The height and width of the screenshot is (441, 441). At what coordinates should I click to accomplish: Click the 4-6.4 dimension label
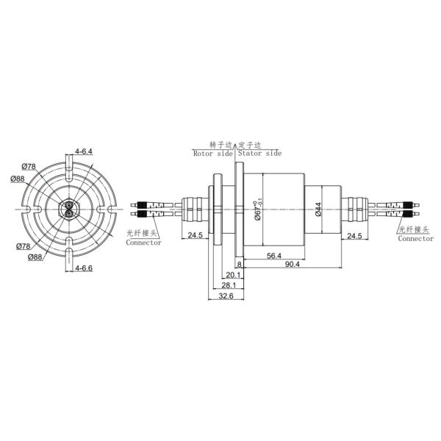pos(84,151)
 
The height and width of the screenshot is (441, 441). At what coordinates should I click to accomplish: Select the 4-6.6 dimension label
pos(84,268)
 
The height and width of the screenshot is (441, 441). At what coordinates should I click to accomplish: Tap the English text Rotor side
pos(212,154)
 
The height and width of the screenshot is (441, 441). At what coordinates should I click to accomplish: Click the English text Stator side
pos(259,154)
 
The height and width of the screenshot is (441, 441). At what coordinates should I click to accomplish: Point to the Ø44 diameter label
pos(318,210)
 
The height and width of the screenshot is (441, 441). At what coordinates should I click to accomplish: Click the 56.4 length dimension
pos(273,256)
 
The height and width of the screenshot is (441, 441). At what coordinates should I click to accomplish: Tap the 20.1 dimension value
pos(234,275)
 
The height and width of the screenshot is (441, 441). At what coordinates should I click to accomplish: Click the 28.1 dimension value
pos(228,285)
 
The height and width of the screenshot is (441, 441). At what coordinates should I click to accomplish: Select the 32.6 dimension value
pos(226,295)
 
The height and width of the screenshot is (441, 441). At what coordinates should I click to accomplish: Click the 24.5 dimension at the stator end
pos(354,236)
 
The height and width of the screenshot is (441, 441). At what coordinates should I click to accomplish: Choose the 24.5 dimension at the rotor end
pos(195,236)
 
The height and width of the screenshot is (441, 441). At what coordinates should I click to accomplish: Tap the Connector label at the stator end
pos(415,239)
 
